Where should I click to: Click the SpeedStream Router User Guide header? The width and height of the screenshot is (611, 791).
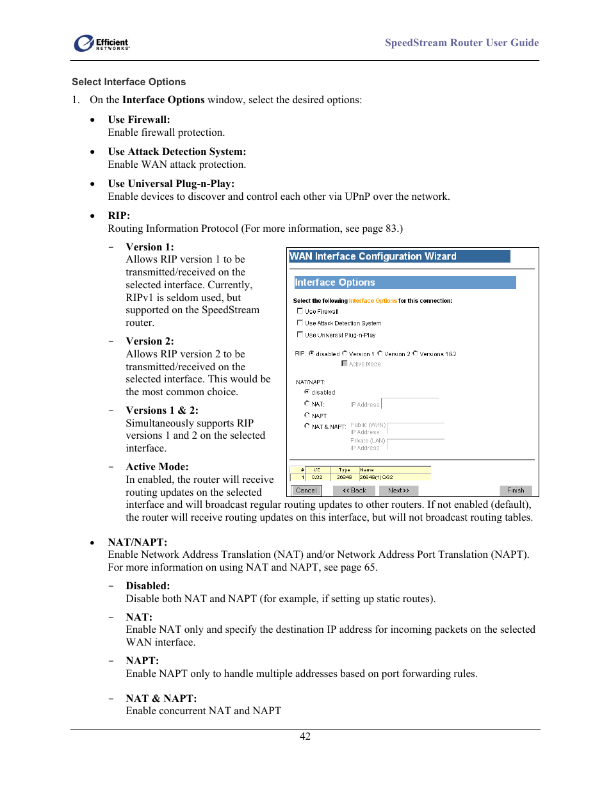click(461, 43)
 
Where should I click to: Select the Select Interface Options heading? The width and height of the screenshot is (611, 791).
click(129, 82)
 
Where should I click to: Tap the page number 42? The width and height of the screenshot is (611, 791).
click(305, 737)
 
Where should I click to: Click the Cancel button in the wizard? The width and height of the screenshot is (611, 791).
click(306, 491)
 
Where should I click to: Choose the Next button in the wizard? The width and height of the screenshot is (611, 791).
click(398, 491)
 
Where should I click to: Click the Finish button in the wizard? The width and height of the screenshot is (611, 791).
click(516, 491)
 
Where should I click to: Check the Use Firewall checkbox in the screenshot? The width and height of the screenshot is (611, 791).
click(300, 311)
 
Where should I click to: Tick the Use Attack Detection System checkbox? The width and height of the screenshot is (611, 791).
click(300, 323)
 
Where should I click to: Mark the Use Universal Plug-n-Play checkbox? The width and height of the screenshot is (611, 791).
click(300, 334)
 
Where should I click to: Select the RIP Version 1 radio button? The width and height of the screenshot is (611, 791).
click(345, 354)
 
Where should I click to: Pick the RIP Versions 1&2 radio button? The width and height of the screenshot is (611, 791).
click(415, 354)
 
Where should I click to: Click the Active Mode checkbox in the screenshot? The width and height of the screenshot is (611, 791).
click(345, 364)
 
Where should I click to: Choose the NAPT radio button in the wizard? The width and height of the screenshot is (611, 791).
click(307, 415)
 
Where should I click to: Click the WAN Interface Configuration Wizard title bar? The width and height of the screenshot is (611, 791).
click(399, 256)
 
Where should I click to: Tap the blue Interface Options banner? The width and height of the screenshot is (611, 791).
click(404, 282)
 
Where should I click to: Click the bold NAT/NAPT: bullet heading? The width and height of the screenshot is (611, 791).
click(137, 542)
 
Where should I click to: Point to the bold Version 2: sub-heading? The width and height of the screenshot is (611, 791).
click(149, 341)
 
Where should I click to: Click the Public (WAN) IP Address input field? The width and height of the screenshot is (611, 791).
click(416, 428)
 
